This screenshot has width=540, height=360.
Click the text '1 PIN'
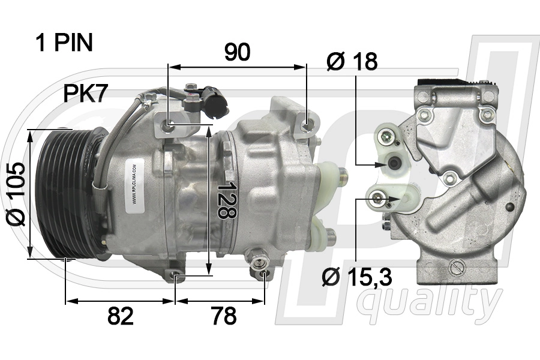(64, 43)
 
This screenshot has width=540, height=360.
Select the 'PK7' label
(86, 94)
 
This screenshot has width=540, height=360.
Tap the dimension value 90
(237, 53)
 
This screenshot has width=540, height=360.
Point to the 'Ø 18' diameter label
(352, 61)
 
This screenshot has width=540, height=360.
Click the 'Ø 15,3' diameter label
(357, 277)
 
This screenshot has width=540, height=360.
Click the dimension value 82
(120, 316)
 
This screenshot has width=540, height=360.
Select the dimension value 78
(224, 316)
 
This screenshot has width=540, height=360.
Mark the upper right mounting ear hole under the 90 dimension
(307, 125)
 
